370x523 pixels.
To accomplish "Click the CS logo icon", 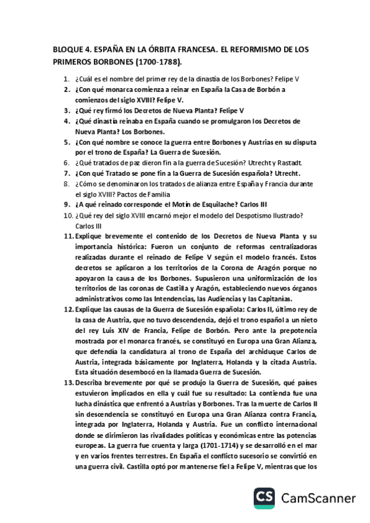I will tap(266, 497).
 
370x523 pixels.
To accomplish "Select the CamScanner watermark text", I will tap(319, 498).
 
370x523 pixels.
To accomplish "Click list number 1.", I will tap(67, 80).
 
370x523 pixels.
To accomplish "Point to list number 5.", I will tap(67, 141).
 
